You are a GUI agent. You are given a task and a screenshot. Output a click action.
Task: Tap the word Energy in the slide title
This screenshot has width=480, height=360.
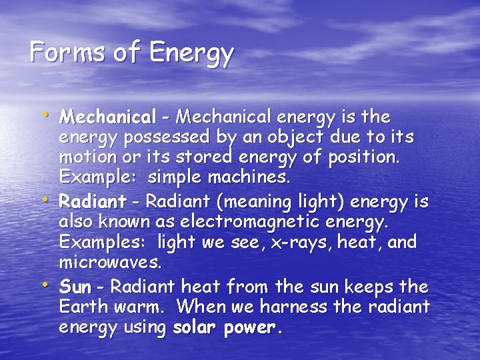pos(193,54)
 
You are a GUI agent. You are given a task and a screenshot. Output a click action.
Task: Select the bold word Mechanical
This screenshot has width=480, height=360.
pos(107,117)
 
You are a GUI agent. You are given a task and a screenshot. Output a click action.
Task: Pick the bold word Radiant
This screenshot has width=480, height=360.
pos(93,201)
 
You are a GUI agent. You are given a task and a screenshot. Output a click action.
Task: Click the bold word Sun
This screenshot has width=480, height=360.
pos(75,287)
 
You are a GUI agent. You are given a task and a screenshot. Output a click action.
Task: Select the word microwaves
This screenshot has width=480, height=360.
pos(110,263)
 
